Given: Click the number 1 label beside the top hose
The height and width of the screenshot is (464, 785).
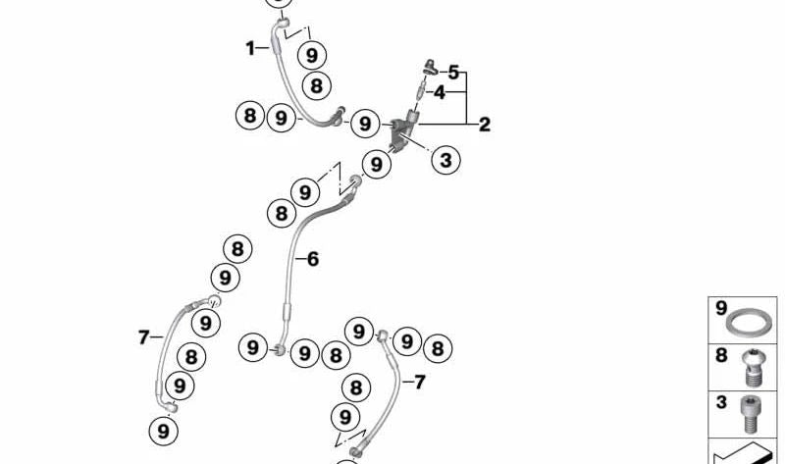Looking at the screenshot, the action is click(250, 48).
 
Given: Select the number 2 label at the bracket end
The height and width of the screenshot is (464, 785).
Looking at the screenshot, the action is click(484, 125).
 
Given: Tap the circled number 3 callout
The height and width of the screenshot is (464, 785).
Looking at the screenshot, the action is click(445, 160).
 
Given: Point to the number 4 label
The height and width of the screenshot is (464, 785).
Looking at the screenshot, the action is click(439, 92).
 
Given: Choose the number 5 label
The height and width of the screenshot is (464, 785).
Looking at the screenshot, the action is click(453, 73).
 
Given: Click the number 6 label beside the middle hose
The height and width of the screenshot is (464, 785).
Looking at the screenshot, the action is click(313, 259).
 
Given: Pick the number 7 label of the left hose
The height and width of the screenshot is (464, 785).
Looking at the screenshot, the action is click(143, 337).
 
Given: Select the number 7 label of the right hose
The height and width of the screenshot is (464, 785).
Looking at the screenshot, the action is click(420, 383).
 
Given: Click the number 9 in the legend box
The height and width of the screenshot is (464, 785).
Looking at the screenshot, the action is click(721, 308).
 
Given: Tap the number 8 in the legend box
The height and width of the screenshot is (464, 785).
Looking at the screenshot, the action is click(721, 355).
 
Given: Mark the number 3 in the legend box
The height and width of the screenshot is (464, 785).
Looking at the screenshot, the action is click(721, 402).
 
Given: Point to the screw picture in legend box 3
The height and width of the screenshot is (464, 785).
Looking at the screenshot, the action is click(750, 414).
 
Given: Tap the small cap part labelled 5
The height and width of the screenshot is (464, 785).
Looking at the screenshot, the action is click(430, 67).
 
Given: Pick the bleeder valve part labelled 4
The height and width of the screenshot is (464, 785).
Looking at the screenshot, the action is click(421, 92).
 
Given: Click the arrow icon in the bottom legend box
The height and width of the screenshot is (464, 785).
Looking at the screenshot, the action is click(745, 454).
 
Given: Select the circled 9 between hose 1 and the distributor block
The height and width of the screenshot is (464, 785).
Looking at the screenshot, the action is click(365, 124).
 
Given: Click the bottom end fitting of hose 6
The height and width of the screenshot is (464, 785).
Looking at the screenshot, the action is click(280, 349).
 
